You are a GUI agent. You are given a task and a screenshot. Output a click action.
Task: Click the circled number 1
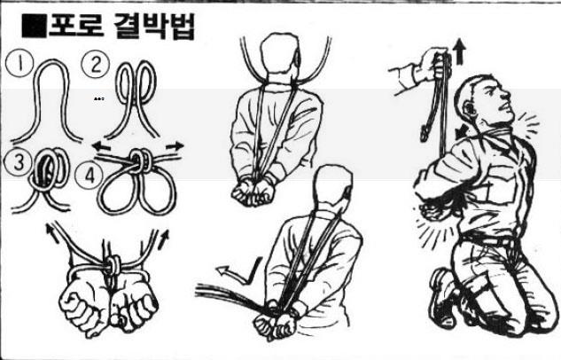click(19, 64)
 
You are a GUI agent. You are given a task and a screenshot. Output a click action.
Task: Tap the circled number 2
click(95, 65)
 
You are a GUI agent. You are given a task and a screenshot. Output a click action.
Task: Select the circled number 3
click(18, 161)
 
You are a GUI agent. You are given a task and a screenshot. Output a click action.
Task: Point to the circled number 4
click(90, 175)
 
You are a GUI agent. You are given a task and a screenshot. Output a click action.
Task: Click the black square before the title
click(35, 26)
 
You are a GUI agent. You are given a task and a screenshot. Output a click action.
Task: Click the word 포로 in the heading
click(76, 26)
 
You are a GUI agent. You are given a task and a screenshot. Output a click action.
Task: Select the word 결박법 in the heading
click(154, 27)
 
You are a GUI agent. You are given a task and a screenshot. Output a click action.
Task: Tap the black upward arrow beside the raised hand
click(460, 52)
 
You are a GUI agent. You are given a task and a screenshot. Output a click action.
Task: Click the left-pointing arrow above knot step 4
click(101, 146)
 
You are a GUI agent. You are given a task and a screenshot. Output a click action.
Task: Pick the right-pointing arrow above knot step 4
click(175, 145)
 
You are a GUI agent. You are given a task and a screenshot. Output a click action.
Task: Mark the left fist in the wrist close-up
click(82, 306)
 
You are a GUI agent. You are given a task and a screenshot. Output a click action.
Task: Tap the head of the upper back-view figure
click(279, 55)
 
